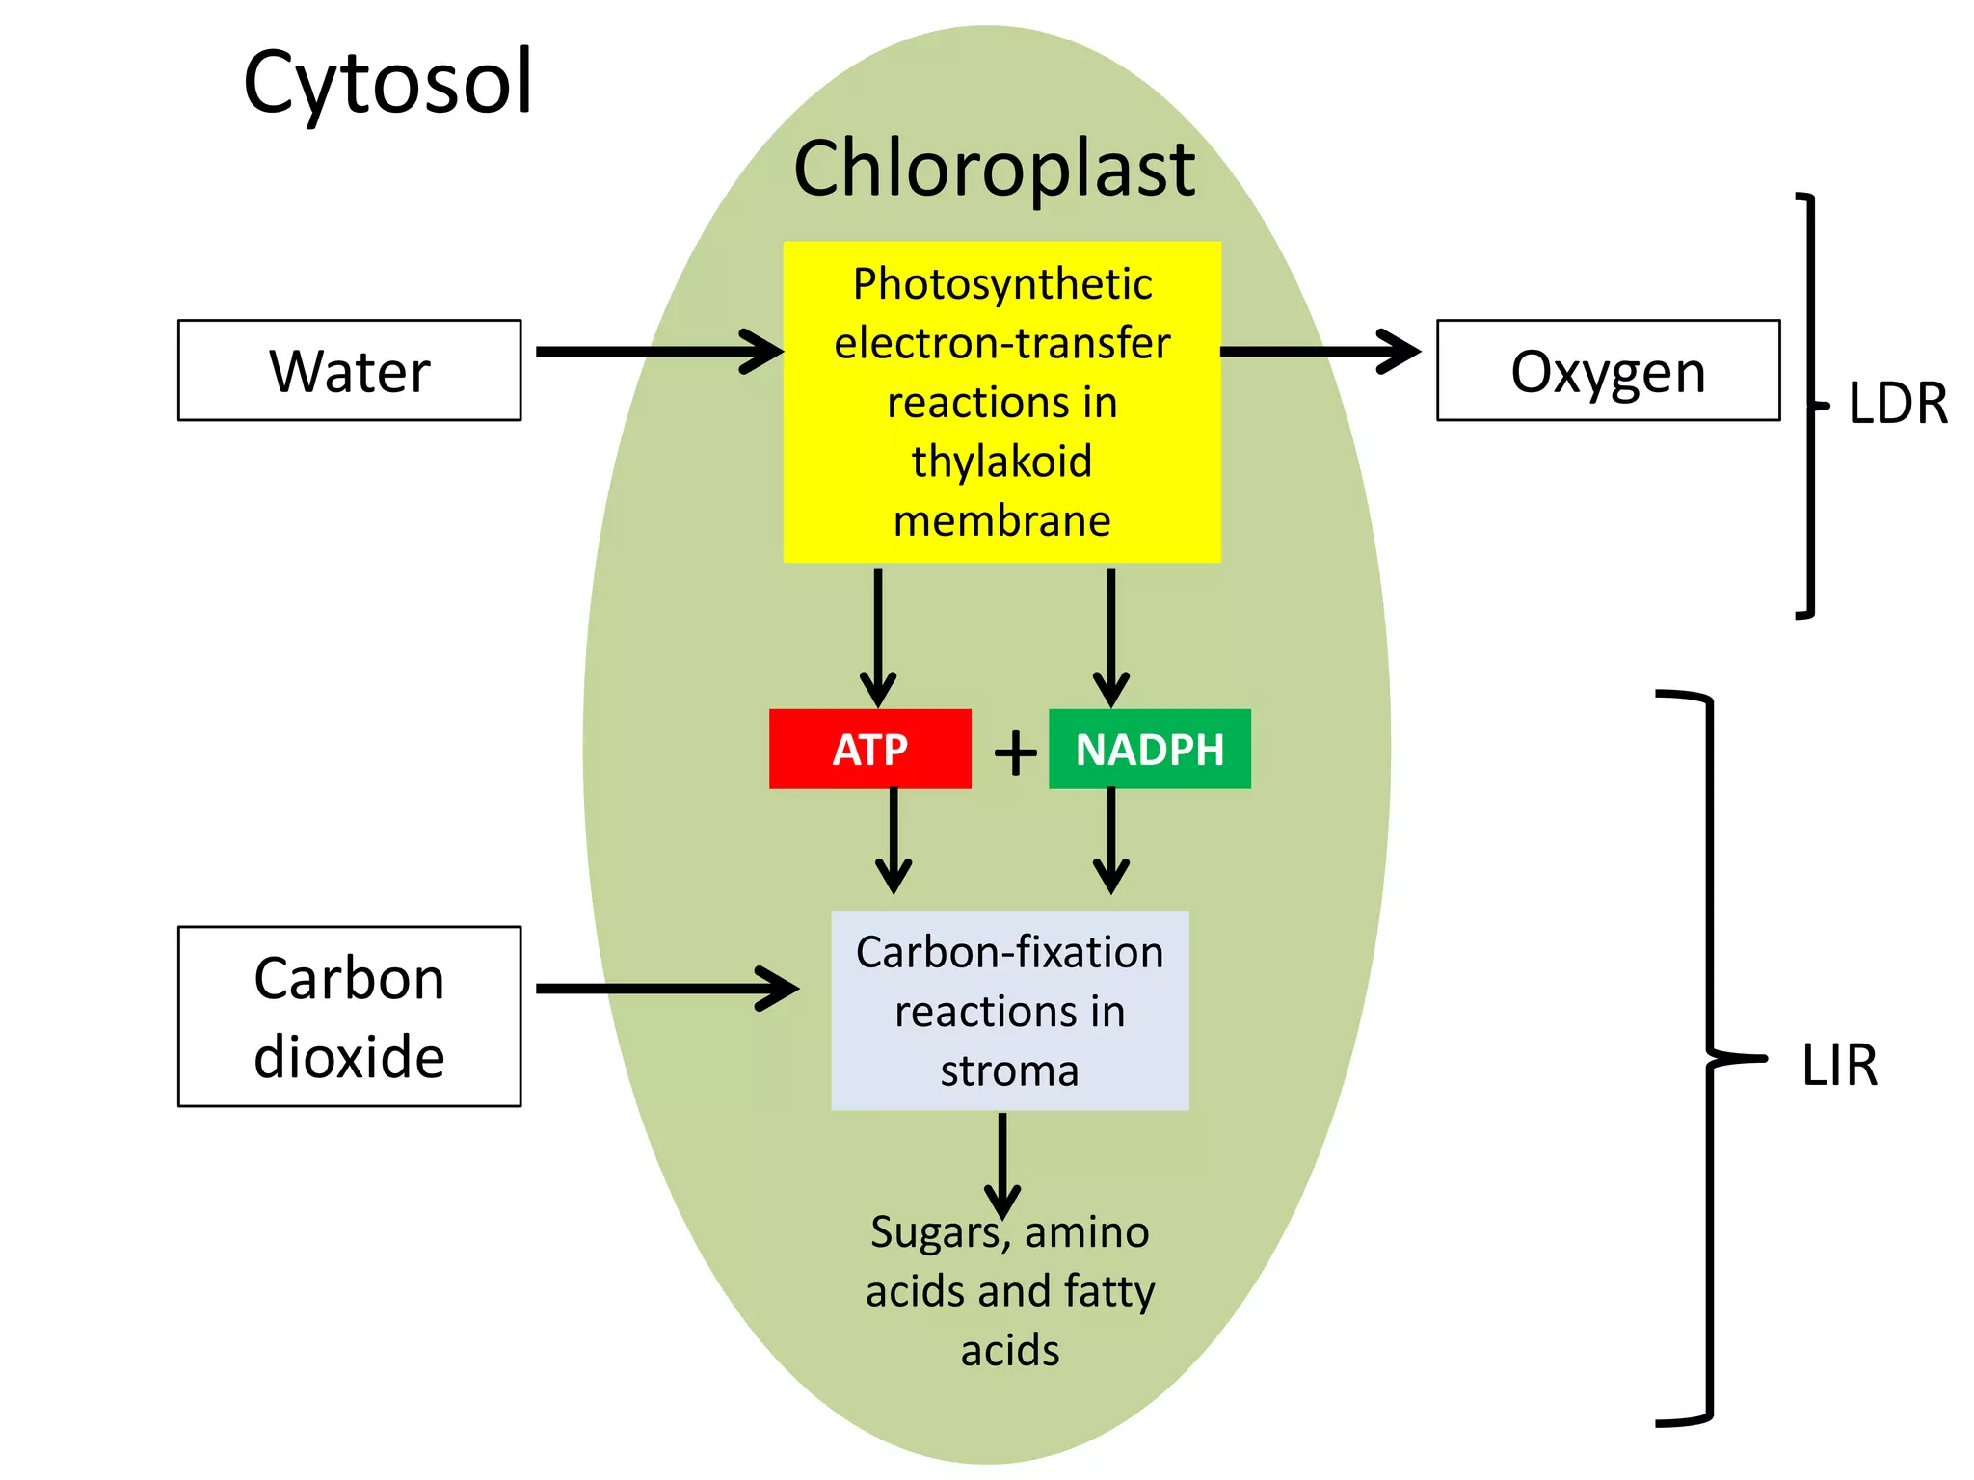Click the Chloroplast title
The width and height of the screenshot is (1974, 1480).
click(994, 169)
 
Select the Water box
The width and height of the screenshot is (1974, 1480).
click(349, 370)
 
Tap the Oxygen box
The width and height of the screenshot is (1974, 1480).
click(1607, 370)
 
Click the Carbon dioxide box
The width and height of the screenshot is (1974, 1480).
click(349, 1016)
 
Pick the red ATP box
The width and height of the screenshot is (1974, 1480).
click(869, 749)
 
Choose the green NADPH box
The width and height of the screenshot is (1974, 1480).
click(1149, 749)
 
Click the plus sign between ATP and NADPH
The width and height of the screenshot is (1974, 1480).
click(1015, 752)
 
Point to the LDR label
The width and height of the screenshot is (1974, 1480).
click(1897, 403)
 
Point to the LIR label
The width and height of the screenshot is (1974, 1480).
click(1839, 1066)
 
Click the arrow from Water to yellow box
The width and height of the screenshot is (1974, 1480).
click(655, 351)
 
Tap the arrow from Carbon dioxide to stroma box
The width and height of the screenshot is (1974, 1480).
click(665, 989)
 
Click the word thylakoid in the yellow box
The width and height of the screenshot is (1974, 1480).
click(1001, 461)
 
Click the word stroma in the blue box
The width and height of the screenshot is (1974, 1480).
click(1009, 1070)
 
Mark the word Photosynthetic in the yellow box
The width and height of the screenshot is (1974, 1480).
click(1001, 284)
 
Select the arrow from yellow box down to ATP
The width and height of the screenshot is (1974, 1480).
click(877, 636)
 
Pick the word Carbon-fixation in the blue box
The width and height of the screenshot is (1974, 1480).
click(1009, 953)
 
